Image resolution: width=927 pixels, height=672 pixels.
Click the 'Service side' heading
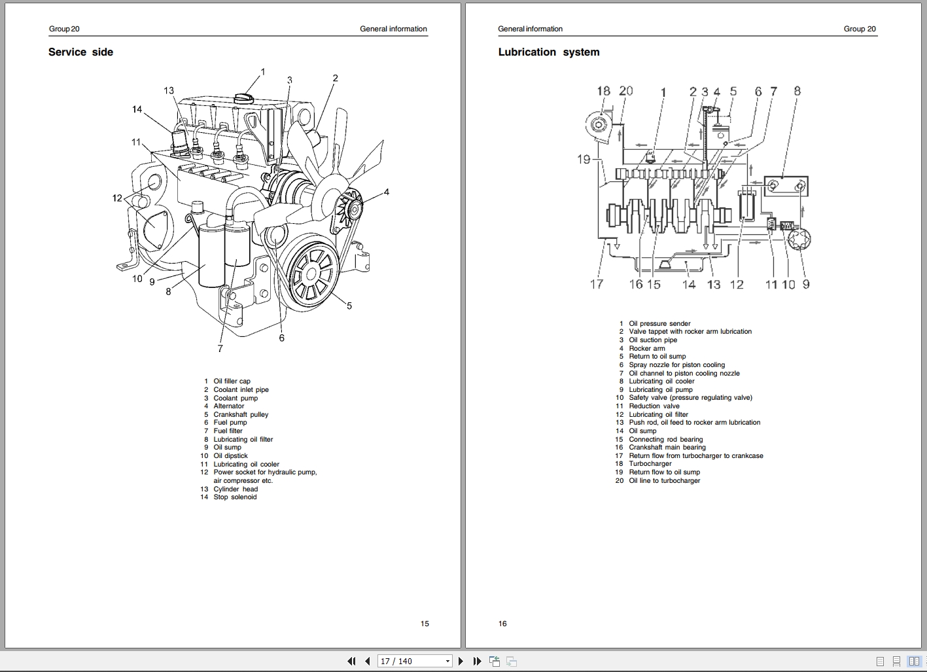click(x=80, y=52)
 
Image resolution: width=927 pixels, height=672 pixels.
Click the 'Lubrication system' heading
click(x=548, y=52)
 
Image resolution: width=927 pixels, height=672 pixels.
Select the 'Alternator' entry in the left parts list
click(x=228, y=406)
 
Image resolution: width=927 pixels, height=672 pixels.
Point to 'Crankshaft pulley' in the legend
click(x=240, y=415)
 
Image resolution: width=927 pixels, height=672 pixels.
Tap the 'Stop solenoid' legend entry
click(x=235, y=497)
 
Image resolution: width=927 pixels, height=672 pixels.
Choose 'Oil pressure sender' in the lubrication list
click(x=659, y=323)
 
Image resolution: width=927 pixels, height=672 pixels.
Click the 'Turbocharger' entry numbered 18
click(x=650, y=464)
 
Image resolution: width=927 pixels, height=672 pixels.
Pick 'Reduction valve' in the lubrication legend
click(x=654, y=406)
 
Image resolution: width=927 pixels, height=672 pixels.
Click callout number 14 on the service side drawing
click(x=137, y=109)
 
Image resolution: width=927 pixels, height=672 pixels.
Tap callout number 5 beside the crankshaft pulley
click(x=349, y=306)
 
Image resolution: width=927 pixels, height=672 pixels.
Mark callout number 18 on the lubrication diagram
click(x=603, y=91)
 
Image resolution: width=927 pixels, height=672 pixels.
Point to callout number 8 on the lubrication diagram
click(x=797, y=91)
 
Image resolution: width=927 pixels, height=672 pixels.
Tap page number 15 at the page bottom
click(x=425, y=624)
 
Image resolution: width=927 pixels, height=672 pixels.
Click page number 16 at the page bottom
click(x=502, y=624)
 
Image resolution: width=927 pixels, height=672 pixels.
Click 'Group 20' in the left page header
click(x=64, y=29)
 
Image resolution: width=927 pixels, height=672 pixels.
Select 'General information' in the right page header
click(x=530, y=29)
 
